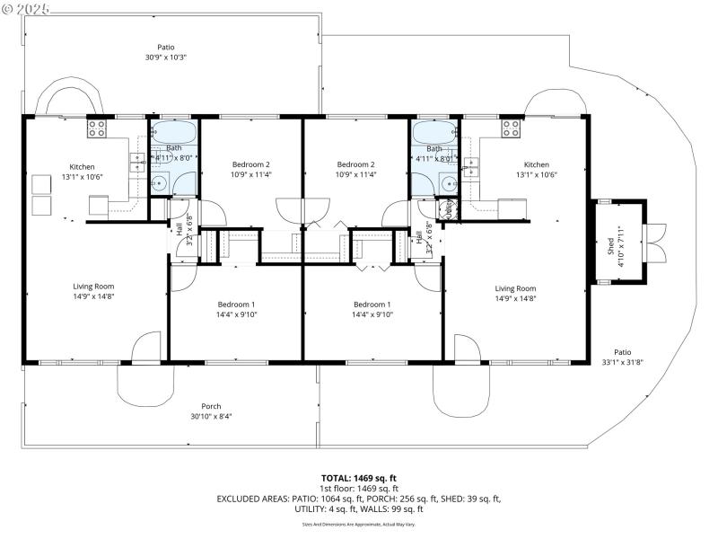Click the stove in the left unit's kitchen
pyautogui.click(x=96, y=128)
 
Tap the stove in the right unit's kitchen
pyautogui.click(x=512, y=128)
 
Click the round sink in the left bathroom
pyautogui.click(x=159, y=185)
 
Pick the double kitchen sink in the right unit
pyautogui.click(x=471, y=166)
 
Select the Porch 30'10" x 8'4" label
pyautogui.click(x=211, y=411)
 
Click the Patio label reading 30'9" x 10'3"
pyautogui.click(x=165, y=52)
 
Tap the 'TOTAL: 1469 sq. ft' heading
pyautogui.click(x=358, y=478)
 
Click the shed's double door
pyautogui.click(x=655, y=242)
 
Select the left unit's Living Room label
pyautogui.click(x=93, y=291)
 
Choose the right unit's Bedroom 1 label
pyautogui.click(x=372, y=309)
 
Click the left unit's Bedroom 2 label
pyautogui.click(x=251, y=169)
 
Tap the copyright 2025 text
pyautogui.click(x=27, y=8)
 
